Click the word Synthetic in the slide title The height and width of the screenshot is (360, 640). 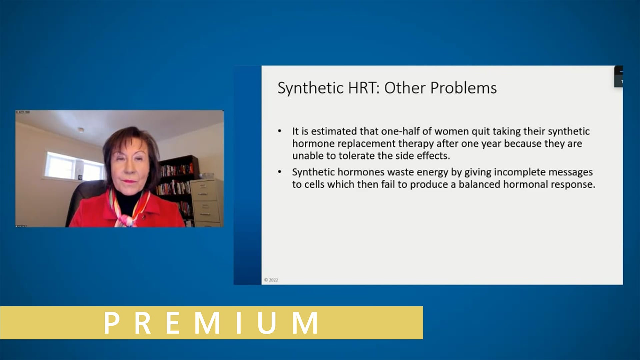coord(310,88)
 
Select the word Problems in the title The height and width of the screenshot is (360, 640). coord(463,88)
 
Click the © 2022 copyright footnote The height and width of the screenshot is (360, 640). coord(271,280)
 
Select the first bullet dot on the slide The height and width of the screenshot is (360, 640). coord(280,131)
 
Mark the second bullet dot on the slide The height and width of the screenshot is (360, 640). coord(280,172)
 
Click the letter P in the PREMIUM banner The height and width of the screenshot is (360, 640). coord(112,323)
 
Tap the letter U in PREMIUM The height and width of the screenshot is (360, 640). coord(267,323)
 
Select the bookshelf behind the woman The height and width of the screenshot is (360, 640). coord(177,180)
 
